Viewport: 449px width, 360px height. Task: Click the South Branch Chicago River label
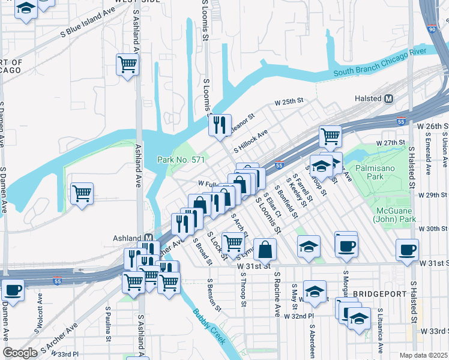point(379,67)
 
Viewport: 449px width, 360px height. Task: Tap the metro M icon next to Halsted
point(388,98)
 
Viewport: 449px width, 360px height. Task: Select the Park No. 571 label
point(181,160)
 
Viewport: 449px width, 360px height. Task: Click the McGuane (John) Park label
point(396,215)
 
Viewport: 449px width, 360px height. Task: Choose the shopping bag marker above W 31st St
point(265,248)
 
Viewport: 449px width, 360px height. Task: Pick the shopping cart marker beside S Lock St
point(233,242)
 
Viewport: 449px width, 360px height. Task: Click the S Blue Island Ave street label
point(88,24)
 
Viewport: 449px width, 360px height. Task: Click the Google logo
point(20,353)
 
